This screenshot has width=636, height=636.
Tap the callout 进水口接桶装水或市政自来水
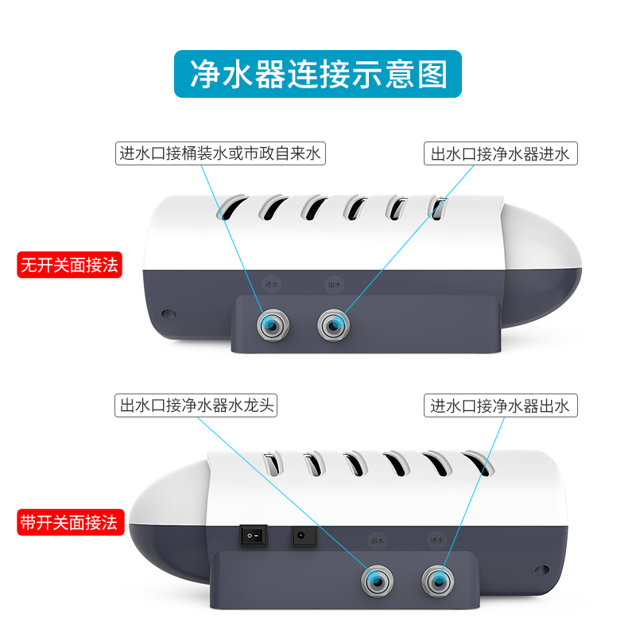[x=219, y=153]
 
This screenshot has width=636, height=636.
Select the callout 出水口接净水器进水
[x=500, y=153]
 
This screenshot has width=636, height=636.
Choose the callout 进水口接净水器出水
[x=500, y=405]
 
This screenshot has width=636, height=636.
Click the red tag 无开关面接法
[x=69, y=265]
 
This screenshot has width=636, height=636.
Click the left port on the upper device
[x=272, y=324]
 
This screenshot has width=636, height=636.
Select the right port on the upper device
[x=335, y=324]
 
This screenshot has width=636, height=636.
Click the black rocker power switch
[x=251, y=537]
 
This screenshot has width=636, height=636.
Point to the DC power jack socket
[x=302, y=537]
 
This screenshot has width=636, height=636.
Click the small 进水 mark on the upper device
[x=272, y=284]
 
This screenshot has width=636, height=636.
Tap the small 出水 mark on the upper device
[x=334, y=284]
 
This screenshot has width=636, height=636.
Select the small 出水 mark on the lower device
[x=377, y=540]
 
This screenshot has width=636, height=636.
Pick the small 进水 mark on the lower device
[x=436, y=540]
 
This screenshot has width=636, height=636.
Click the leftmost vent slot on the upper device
[x=229, y=207]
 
